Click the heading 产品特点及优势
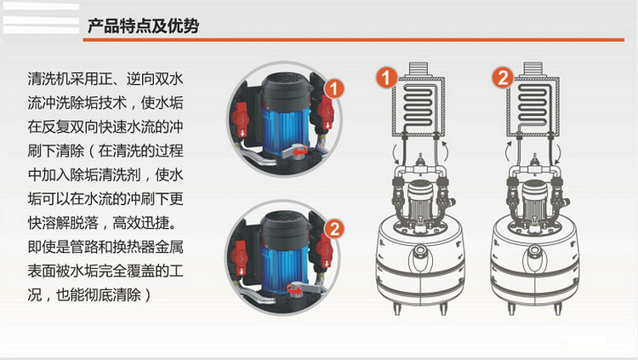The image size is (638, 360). point(143,26)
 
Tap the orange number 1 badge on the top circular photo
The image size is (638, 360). point(334,89)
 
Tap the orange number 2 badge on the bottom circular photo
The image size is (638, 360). point(334,229)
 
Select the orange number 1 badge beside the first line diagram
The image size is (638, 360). point(386,77)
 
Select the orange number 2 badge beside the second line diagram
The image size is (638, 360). point(503,77)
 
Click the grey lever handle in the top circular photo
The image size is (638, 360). point(293,151)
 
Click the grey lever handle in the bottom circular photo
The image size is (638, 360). point(305,289)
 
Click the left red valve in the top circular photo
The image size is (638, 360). point(241,119)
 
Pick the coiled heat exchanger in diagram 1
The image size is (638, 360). point(419,106)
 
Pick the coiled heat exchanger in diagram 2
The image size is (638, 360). point(533,106)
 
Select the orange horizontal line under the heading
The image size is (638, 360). point(354,40)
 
